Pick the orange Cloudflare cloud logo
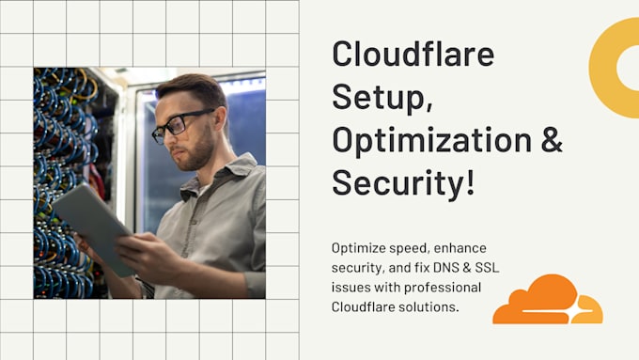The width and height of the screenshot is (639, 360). coord(547,300)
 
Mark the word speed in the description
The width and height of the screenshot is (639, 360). coord(412,249)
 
